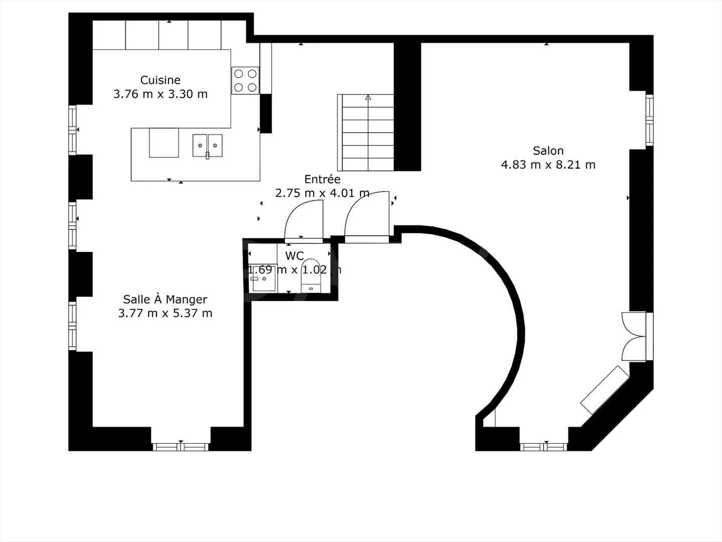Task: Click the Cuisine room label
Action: click(160, 80)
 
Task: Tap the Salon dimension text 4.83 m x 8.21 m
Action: click(548, 165)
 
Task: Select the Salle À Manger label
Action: click(165, 300)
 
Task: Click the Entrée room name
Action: click(322, 179)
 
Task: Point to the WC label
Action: click(294, 256)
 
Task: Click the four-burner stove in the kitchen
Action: click(245, 80)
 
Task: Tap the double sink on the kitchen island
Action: click(207, 146)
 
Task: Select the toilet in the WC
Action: click(311, 281)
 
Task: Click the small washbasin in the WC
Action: click(263, 279)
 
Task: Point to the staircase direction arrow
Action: click(368, 97)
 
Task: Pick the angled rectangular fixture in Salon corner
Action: click(605, 390)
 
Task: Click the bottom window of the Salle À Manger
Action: click(180, 446)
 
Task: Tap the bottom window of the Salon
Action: click(544, 446)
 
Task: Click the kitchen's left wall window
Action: click(73, 129)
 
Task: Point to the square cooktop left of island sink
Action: click(164, 143)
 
